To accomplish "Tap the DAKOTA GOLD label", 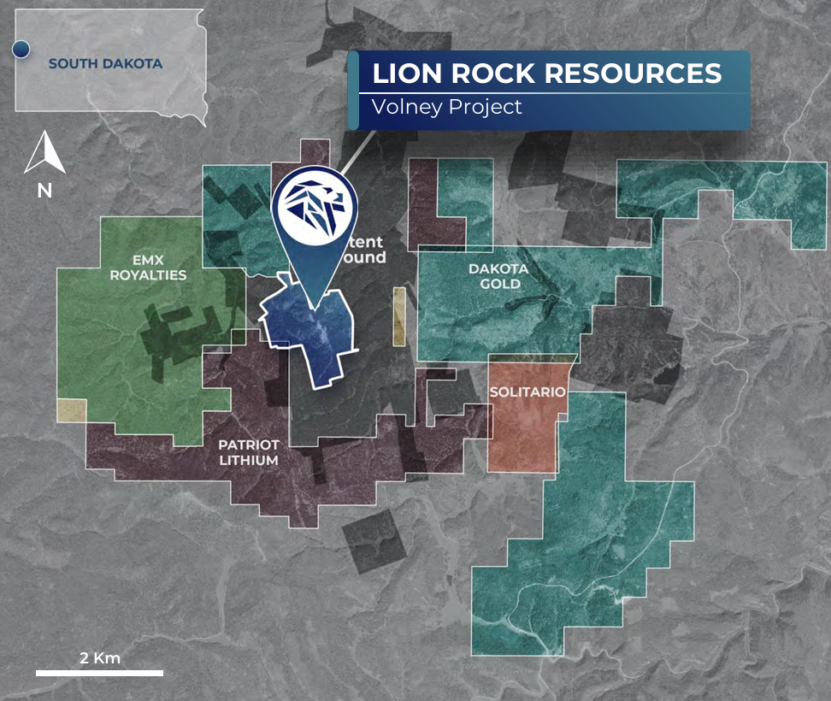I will click(498, 276).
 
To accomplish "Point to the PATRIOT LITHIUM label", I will click(248, 452).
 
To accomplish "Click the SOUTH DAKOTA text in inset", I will click(105, 63).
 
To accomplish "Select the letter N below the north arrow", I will click(44, 191).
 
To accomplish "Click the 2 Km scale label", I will click(99, 658).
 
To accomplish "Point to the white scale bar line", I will click(99, 673).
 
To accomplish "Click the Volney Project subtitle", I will click(446, 108).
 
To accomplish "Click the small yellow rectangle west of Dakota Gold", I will click(399, 315).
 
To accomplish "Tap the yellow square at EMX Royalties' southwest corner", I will click(71, 409).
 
